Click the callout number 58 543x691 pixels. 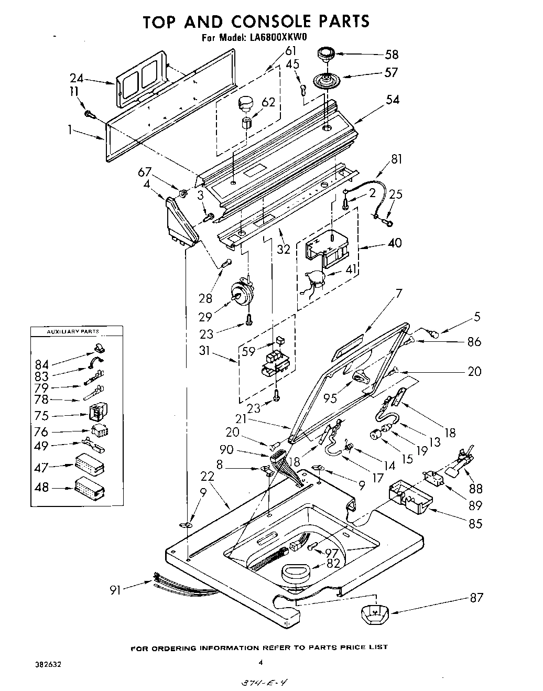(391, 54)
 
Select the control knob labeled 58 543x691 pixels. (325, 53)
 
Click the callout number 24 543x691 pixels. (77, 78)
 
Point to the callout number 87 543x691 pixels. (476, 597)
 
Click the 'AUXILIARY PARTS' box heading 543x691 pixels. (73, 332)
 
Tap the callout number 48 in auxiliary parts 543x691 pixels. (41, 487)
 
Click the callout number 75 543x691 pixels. (41, 416)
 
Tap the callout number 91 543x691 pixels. (115, 590)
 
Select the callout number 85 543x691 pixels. (475, 523)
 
